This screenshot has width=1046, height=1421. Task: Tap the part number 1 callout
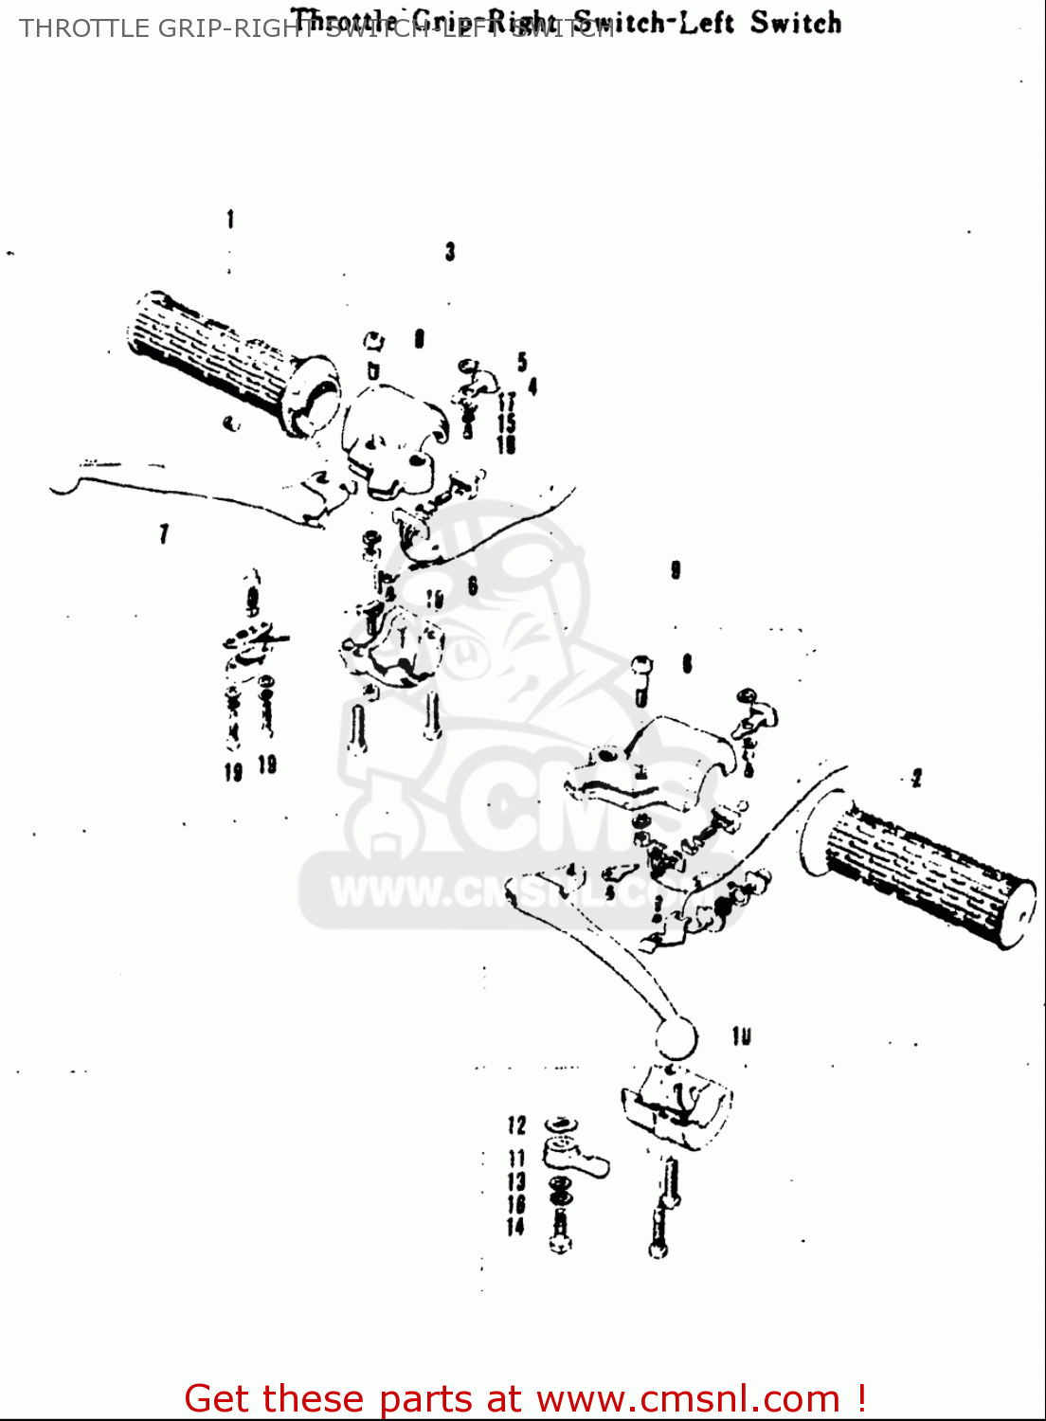point(230,220)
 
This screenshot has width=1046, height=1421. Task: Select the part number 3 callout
point(450,252)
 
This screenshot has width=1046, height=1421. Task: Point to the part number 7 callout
point(164,534)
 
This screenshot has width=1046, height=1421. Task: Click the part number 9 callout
point(676,570)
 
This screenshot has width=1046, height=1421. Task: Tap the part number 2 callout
point(916,779)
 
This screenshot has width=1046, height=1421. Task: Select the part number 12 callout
point(516,1125)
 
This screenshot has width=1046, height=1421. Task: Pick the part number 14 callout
point(515,1227)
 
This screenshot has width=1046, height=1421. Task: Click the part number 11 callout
point(516,1159)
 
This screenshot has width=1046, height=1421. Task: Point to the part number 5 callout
point(522,362)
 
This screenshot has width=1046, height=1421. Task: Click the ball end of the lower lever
point(675,1039)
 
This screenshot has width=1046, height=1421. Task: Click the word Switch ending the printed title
point(796,23)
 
